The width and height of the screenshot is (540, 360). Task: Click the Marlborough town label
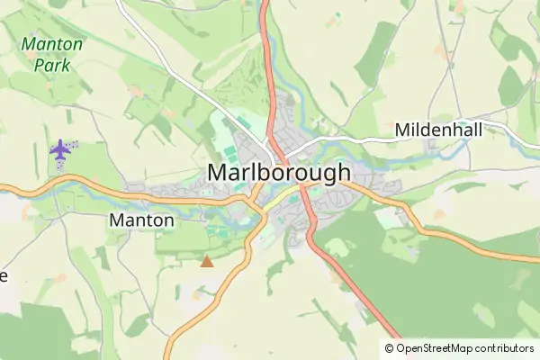(278, 172)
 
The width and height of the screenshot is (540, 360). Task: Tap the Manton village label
(141, 220)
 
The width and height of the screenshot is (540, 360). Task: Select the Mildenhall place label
(438, 130)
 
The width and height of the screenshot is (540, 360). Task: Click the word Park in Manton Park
(52, 64)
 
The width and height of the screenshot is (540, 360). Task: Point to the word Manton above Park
(52, 44)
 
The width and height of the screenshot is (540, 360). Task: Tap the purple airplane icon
(60, 151)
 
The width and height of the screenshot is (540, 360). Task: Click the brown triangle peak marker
(207, 262)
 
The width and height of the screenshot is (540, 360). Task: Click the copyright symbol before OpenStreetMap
(390, 348)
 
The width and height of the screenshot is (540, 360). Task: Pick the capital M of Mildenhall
(402, 130)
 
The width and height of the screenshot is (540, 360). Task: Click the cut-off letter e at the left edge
(4, 275)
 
